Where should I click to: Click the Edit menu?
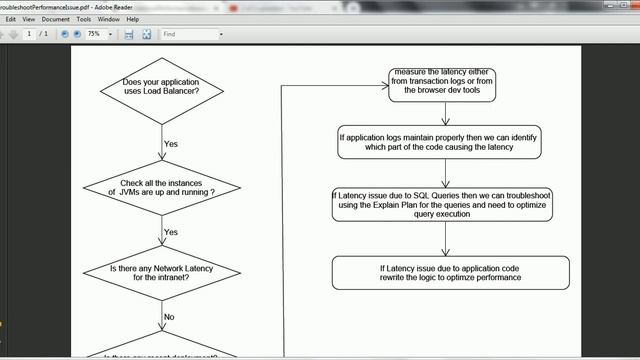11,19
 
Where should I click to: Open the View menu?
28,19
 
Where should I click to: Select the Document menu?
55,19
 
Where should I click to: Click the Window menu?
109,19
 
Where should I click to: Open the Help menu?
133,19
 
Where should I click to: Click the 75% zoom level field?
97,34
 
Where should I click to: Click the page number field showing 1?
29,34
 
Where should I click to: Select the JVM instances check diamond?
163,187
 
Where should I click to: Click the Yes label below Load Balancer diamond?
170,144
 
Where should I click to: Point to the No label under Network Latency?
169,316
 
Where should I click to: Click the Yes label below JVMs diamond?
170,232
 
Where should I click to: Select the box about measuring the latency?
445,82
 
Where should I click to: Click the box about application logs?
440,141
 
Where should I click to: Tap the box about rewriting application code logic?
450,273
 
